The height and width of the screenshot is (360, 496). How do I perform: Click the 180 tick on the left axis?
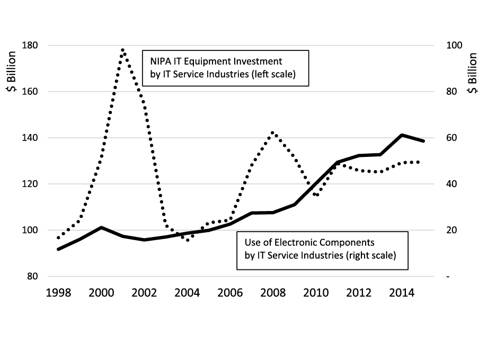click(x=30, y=46)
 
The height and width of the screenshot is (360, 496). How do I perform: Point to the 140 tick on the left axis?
click(x=30, y=138)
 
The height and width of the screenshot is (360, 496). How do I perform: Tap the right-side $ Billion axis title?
click(x=473, y=73)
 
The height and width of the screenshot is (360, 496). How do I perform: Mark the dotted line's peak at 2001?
click(x=123, y=50)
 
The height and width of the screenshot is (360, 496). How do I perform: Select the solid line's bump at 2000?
click(x=101, y=227)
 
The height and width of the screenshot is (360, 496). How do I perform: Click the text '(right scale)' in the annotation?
click(x=371, y=255)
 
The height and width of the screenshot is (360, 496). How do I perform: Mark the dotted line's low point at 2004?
click(x=188, y=240)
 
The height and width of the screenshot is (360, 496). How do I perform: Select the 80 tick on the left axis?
click(x=32, y=277)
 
